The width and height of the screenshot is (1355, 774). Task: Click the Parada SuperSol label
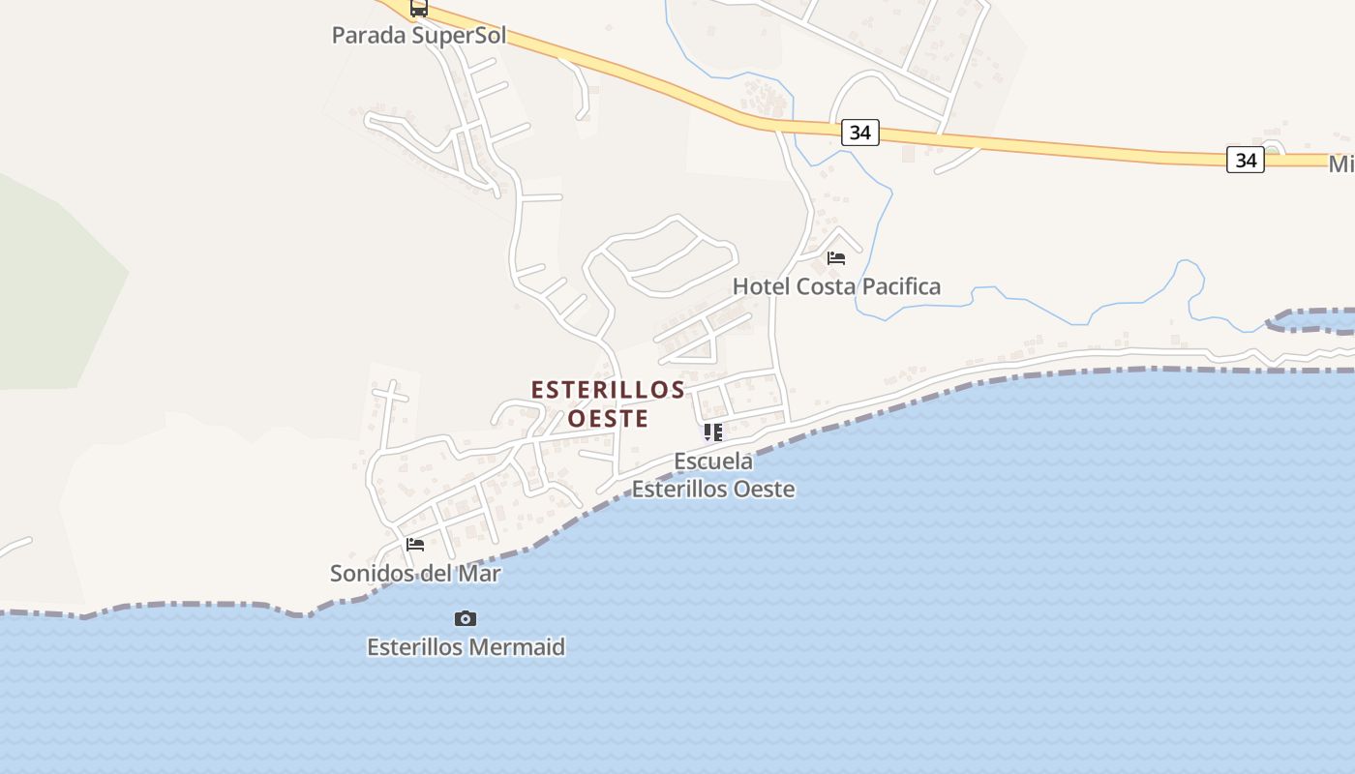[419, 36]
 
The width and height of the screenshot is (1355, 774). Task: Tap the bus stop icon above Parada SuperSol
[418, 8]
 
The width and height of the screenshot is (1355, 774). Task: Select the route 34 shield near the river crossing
[859, 133]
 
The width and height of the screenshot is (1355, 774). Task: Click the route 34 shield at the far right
[1246, 160]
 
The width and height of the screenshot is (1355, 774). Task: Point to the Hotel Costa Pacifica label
[836, 286]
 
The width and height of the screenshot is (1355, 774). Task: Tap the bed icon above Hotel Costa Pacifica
[836, 258]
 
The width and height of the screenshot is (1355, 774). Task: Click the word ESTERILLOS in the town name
[608, 390]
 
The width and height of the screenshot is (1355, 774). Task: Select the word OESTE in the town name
[608, 418]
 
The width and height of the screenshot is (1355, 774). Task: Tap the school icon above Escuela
[713, 432]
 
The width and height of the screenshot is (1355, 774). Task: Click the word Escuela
[713, 461]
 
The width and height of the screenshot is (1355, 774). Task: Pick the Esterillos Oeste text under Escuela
[713, 489]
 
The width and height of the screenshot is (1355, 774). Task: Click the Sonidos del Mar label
[415, 573]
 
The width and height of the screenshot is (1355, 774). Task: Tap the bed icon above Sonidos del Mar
[415, 545]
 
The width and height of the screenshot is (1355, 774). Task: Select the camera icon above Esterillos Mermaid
[466, 618]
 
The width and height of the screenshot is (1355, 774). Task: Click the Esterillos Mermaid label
[466, 646]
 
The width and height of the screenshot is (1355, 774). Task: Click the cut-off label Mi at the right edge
[1340, 164]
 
